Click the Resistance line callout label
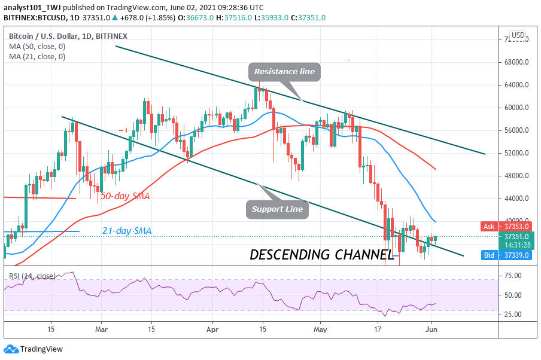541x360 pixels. pyautogui.click(x=284, y=72)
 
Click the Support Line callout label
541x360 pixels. pyautogui.click(x=277, y=209)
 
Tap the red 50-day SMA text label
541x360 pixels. pyautogui.click(x=125, y=196)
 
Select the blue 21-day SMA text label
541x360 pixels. pyautogui.click(x=127, y=231)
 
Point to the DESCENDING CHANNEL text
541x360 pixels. pyautogui.click(x=321, y=255)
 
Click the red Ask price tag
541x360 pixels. pyautogui.click(x=506, y=227)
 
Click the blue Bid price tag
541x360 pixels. pyautogui.click(x=506, y=255)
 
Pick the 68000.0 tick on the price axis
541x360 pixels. pyautogui.click(x=516, y=62)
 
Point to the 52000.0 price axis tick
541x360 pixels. pyautogui.click(x=516, y=153)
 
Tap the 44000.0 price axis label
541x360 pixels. pyautogui.click(x=516, y=199)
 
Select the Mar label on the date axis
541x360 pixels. pyautogui.click(x=102, y=330)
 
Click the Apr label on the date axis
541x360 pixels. pyautogui.click(x=212, y=330)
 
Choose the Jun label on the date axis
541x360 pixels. pyautogui.click(x=431, y=330)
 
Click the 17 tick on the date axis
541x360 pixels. pyautogui.click(x=378, y=330)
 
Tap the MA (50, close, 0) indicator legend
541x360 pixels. pyautogui.click(x=37, y=47)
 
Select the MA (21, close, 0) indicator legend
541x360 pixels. pyautogui.click(x=37, y=57)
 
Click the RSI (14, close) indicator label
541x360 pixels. pyautogui.click(x=32, y=276)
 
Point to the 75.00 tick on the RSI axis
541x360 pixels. pyautogui.click(x=513, y=276)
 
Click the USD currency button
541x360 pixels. pyautogui.click(x=518, y=35)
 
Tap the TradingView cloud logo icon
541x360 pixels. pyautogui.click(x=11, y=349)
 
